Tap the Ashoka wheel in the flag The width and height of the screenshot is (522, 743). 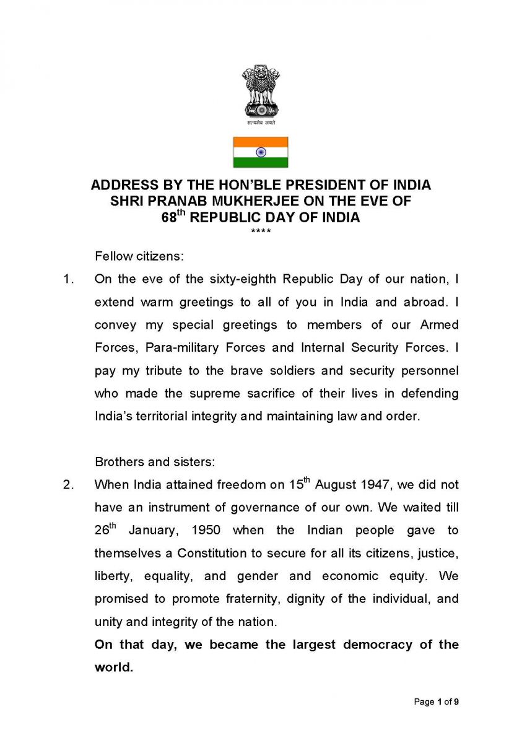coord(261,152)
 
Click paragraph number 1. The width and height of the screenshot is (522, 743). coord(69,279)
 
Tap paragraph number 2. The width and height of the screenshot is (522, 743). coord(69,484)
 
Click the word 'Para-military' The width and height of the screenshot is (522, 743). coord(180,347)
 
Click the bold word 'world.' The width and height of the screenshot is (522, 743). coord(114,667)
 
